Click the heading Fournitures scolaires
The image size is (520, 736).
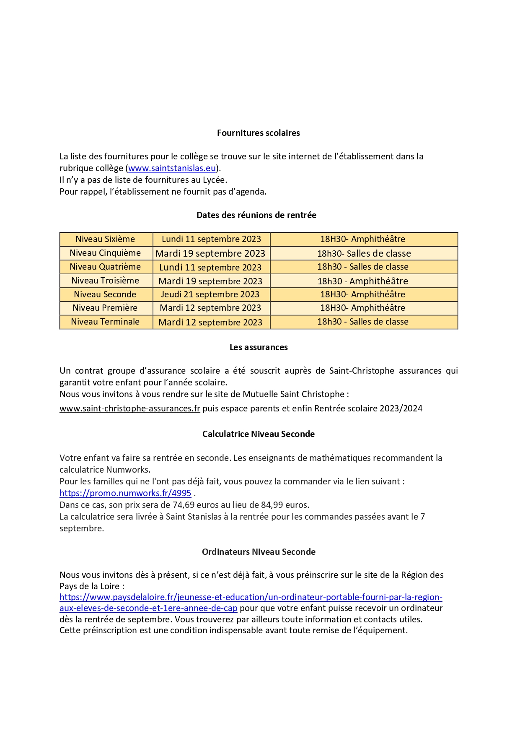point(258,133)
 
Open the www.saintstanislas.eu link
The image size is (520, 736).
point(172,168)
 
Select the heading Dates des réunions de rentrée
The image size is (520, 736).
point(256,215)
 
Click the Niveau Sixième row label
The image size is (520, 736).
point(105,239)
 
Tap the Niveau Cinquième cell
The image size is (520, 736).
point(105,253)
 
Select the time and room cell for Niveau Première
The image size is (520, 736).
point(362,308)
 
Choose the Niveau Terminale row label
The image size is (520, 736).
point(105,322)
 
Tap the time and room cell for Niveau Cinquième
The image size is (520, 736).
point(364,253)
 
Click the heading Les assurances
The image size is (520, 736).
point(259,347)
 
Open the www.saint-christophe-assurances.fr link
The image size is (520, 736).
point(130,408)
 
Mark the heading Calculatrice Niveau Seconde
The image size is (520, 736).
point(258,434)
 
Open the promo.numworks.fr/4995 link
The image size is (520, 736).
point(125,493)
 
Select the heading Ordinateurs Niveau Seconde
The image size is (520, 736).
point(259,552)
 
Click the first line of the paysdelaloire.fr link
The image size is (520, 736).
point(251,597)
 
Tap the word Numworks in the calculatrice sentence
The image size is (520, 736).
point(128,470)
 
